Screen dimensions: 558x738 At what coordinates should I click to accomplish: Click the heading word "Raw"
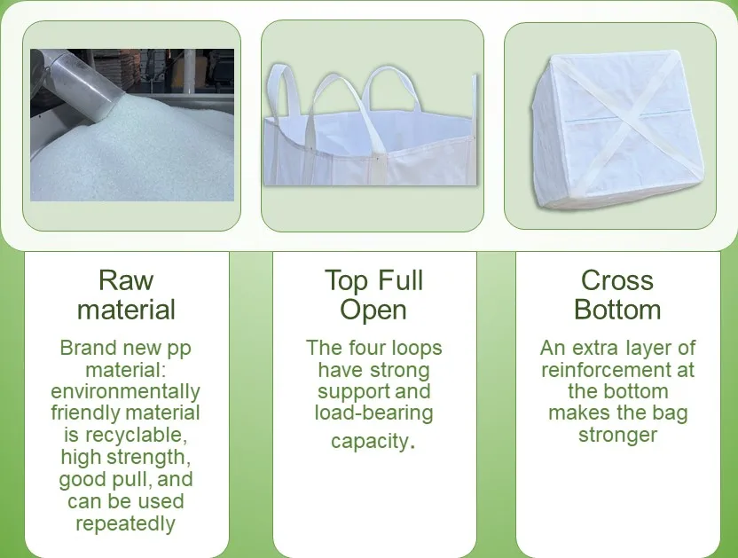pyautogui.click(x=126, y=280)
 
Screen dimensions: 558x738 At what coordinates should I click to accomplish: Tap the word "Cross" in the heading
pyautogui.click(x=617, y=280)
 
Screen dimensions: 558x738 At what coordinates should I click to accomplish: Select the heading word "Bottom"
pyautogui.click(x=617, y=310)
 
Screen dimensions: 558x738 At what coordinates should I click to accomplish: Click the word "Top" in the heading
pyautogui.click(x=345, y=280)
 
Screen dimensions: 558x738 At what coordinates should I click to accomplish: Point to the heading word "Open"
pyautogui.click(x=373, y=310)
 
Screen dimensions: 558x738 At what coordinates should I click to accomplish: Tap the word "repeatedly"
pyautogui.click(x=126, y=523)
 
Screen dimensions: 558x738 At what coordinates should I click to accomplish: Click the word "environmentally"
pyautogui.click(x=126, y=391)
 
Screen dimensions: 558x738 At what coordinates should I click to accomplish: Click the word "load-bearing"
pyautogui.click(x=373, y=413)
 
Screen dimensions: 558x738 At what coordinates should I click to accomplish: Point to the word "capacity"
pyautogui.click(x=370, y=441)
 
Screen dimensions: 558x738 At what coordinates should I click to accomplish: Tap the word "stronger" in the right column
pyautogui.click(x=618, y=435)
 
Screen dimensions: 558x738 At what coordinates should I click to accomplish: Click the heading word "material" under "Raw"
pyautogui.click(x=126, y=310)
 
